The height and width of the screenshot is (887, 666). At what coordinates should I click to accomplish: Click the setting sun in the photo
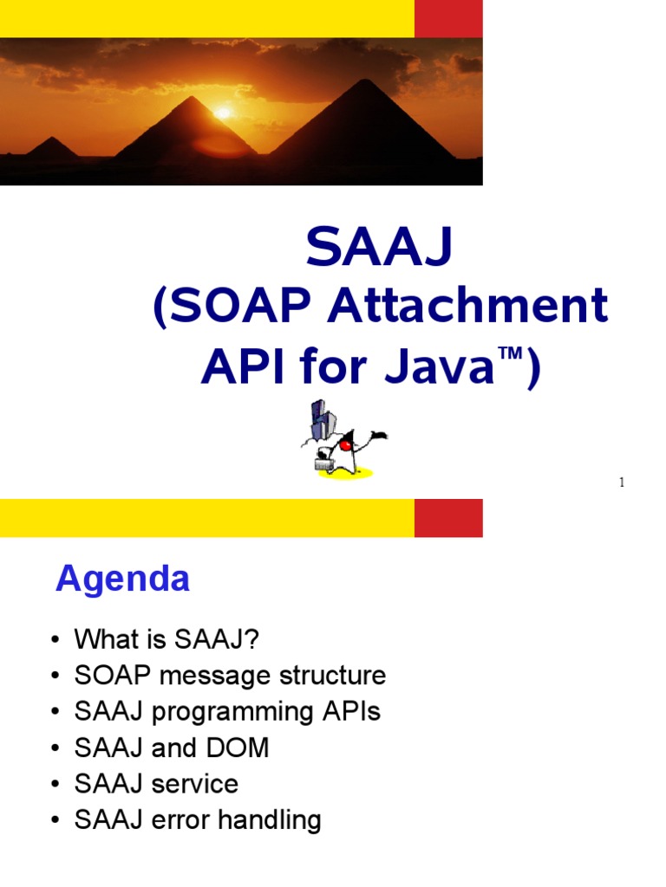224,113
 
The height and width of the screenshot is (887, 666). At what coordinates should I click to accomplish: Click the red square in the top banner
448,18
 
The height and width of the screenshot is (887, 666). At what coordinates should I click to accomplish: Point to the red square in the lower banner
448,518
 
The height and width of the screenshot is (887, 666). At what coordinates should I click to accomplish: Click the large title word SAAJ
380,249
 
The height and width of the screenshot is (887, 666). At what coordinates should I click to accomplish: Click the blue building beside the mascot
320,420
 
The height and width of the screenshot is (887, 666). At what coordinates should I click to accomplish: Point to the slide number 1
622,483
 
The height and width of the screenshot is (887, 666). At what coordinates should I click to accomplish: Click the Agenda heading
122,579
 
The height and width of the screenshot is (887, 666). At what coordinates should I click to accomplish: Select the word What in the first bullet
105,639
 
